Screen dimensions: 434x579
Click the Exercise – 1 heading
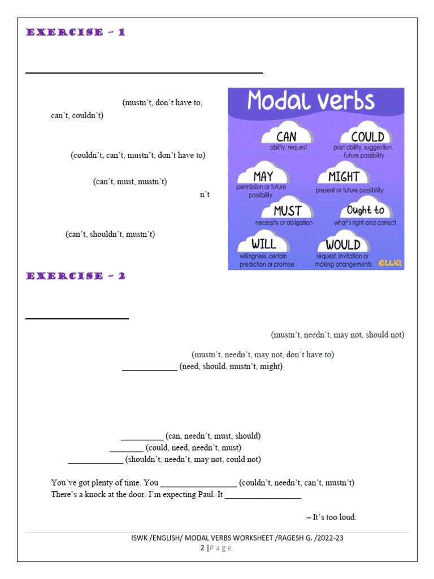coord(76,33)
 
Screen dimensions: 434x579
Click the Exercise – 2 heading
coord(76,276)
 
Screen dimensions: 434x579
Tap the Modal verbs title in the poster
coord(311,102)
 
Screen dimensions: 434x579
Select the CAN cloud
coord(287,136)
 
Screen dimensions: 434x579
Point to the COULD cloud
coord(367,136)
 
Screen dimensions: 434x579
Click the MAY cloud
coord(263,176)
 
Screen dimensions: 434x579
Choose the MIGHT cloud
coord(344,176)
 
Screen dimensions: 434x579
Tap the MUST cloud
coord(287,210)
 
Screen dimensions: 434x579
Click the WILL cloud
coord(264,244)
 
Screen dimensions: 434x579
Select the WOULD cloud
coord(343,244)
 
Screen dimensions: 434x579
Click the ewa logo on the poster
coord(389,262)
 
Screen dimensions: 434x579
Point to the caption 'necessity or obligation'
coord(284,223)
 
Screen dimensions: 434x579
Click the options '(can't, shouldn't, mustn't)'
coord(110,234)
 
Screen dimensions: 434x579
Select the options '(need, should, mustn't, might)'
coord(231,366)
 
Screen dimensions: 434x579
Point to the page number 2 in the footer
coord(202,547)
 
